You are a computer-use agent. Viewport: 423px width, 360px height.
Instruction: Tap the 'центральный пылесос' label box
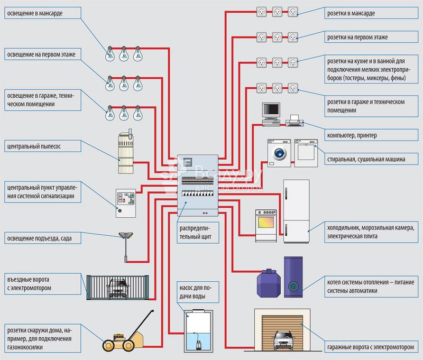(x=43, y=146)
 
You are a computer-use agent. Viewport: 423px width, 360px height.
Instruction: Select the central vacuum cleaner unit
(x=126, y=152)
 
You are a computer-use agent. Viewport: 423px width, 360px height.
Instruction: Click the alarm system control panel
(x=126, y=203)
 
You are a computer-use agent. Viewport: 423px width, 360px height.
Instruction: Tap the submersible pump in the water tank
(x=199, y=344)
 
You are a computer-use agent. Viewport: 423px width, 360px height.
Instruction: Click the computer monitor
(x=271, y=110)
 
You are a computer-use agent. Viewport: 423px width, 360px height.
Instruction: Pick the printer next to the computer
(x=295, y=121)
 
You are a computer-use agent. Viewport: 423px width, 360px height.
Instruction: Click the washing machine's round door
(x=280, y=153)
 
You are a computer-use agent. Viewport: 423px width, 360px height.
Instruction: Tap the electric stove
(x=266, y=225)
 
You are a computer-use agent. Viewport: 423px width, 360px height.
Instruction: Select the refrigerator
(x=296, y=211)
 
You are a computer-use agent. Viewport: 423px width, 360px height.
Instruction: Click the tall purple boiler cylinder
(x=293, y=277)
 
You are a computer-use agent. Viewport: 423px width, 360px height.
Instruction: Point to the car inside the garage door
(x=283, y=340)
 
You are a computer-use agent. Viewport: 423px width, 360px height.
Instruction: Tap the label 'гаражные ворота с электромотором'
(x=371, y=347)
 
